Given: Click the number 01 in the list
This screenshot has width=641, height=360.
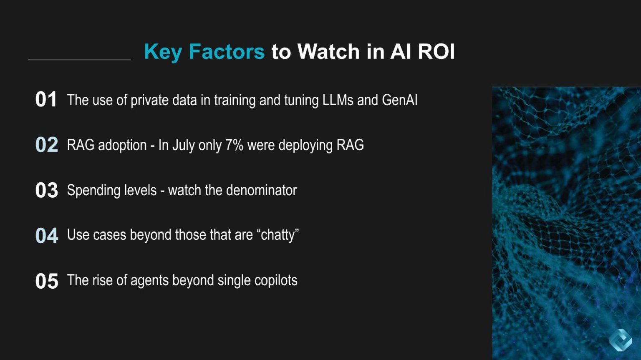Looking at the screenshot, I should [x=46, y=100].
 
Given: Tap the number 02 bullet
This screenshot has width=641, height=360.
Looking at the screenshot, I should [x=46, y=145].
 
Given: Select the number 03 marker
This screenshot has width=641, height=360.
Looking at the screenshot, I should [x=46, y=190].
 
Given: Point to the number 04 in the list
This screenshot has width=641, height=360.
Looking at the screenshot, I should [x=46, y=235].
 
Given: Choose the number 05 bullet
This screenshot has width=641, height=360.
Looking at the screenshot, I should [x=46, y=281].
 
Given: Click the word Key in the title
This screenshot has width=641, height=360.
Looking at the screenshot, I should [x=163, y=52].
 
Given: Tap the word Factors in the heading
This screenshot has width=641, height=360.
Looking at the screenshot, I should [x=227, y=52].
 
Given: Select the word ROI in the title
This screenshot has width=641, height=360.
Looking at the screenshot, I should [x=436, y=52].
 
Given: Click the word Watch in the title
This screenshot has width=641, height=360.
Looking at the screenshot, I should [x=328, y=52].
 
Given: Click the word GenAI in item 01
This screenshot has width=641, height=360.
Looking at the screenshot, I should [x=399, y=100].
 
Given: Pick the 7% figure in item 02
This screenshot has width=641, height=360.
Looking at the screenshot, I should [x=234, y=145].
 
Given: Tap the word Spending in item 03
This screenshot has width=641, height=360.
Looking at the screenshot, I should [x=91, y=191].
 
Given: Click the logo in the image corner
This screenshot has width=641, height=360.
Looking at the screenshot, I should [x=621, y=340].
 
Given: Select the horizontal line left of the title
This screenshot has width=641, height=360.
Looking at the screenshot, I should [x=79, y=60].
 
